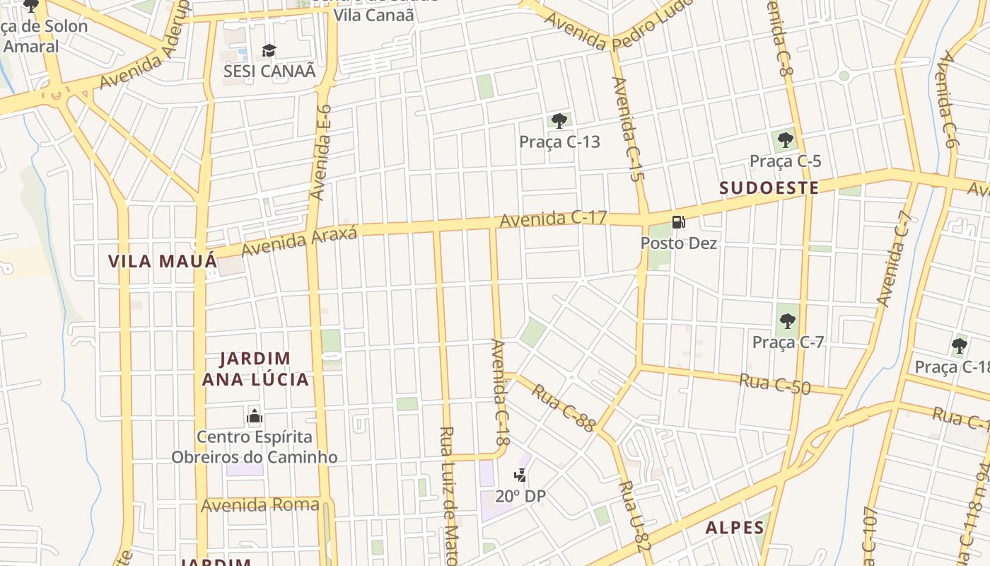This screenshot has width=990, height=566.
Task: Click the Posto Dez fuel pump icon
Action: (x=678, y=222)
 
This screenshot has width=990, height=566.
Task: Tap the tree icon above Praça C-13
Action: (x=559, y=121)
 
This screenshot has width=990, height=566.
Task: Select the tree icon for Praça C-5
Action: (x=785, y=139)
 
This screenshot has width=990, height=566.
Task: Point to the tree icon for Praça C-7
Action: (x=788, y=321)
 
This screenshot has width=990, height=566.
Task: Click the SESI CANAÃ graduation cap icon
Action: (x=269, y=50)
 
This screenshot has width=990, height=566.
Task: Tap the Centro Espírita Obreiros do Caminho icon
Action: (x=255, y=416)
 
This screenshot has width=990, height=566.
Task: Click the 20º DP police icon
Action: (x=520, y=475)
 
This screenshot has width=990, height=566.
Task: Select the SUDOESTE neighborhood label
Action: (x=769, y=188)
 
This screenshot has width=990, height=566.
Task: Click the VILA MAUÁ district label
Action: (x=162, y=261)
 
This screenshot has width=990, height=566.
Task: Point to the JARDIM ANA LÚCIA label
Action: (x=255, y=369)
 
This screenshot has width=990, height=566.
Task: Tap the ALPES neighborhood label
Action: (x=735, y=528)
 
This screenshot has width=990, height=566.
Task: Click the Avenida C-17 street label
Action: (x=553, y=219)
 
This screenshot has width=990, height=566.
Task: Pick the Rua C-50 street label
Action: (x=775, y=383)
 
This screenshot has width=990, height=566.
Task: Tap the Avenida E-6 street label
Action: (x=321, y=153)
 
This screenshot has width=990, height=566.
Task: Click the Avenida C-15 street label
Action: (x=627, y=130)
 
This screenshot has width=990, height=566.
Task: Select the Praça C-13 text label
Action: (x=559, y=142)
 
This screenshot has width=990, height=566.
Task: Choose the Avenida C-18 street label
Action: (x=501, y=392)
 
